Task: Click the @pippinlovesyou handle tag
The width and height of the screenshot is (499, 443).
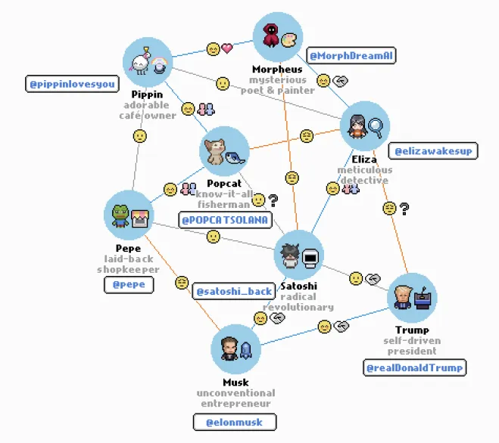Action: coord(72,84)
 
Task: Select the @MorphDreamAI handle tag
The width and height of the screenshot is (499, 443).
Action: coord(351,56)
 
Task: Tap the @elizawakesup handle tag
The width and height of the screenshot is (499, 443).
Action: coord(433,151)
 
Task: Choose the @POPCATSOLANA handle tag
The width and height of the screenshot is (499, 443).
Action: coord(224,220)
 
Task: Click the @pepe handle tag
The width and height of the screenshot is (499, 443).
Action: coord(129,285)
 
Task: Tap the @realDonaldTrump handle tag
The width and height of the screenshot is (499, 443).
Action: coord(413,368)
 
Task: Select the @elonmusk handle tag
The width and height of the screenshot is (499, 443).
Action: coord(233,423)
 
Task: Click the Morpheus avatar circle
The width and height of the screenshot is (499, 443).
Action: coord(278,37)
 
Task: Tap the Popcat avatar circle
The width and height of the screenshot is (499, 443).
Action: coord(224,151)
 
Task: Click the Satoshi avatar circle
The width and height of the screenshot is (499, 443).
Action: coord(298,256)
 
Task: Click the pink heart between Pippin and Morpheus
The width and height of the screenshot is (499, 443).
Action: coord(226,49)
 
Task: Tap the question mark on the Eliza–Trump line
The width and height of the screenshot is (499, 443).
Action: coord(405,208)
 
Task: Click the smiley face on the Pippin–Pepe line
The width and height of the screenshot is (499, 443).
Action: coord(139,136)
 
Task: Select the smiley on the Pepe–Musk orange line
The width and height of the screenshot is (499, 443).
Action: coord(181,282)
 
